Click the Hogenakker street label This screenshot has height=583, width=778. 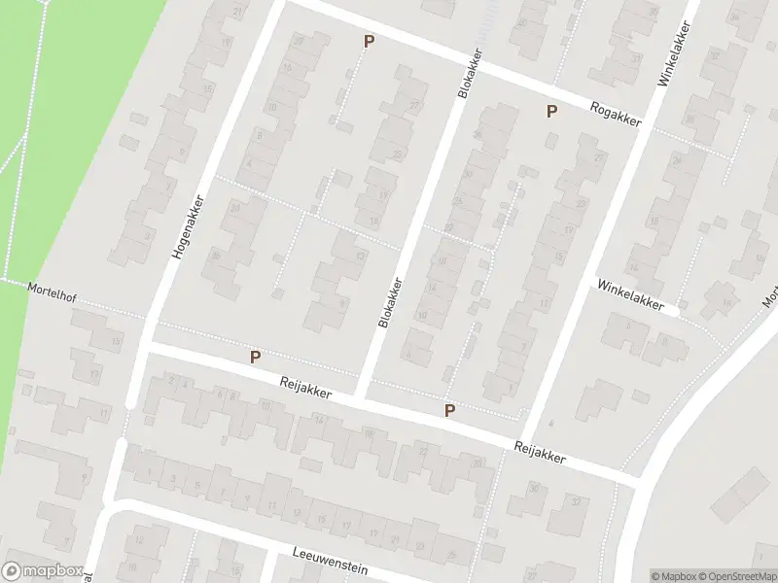[x=192, y=223]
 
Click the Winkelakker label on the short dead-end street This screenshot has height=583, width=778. [x=637, y=295]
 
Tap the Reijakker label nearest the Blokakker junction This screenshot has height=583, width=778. [x=304, y=388]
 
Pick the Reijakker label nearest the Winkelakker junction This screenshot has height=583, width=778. [x=539, y=452]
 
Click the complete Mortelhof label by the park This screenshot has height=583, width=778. [x=52, y=291]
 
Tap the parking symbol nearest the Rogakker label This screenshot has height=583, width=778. [x=551, y=111]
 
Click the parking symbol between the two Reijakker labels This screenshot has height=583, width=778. [x=449, y=410]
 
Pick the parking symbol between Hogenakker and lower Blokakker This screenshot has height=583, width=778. [x=255, y=357]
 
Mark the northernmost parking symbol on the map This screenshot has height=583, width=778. [x=369, y=41]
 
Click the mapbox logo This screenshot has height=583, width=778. [x=41, y=571]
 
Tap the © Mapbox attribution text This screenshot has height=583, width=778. [x=672, y=575]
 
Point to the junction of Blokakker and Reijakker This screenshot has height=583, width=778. [x=362, y=396]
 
